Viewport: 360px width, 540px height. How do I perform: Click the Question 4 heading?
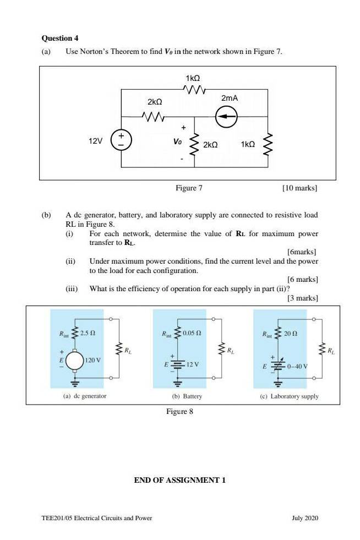coord(60,38)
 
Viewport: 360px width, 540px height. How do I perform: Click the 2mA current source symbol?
coord(226,116)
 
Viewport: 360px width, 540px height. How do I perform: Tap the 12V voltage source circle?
coord(121,140)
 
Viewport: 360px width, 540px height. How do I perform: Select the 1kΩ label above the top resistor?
coord(193,78)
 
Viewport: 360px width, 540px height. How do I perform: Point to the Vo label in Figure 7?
coord(177,141)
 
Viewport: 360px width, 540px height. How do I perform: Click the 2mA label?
coord(230,98)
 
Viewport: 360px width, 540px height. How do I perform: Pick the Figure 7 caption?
coord(189,188)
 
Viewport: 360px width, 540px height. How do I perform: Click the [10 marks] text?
coord(299,188)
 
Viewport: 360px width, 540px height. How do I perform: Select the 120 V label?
coord(92,360)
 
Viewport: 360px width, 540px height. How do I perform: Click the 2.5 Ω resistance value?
coord(88,334)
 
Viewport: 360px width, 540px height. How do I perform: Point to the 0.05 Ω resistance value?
coord(192,333)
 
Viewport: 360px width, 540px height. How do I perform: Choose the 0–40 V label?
coord(297,366)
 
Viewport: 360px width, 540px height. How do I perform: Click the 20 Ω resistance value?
coord(291,334)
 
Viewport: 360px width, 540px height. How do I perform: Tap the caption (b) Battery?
coord(187,396)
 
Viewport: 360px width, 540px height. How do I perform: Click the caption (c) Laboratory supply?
coord(290,396)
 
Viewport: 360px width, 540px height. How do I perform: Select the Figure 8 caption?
coord(179,412)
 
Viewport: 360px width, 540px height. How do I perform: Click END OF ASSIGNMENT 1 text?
coord(180,480)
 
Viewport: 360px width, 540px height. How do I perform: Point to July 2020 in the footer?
coord(305,518)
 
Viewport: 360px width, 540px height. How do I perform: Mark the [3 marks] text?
coord(302,298)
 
